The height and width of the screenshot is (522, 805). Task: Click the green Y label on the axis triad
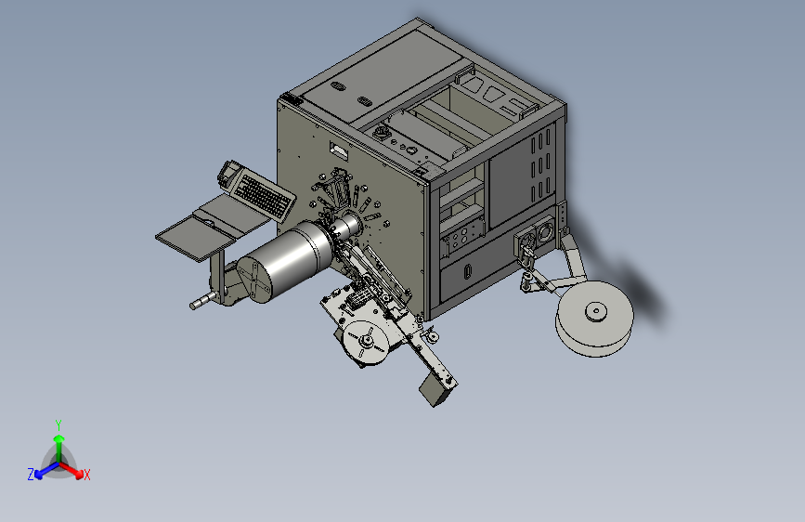click(x=58, y=424)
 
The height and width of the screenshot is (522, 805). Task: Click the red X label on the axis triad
click(x=86, y=475)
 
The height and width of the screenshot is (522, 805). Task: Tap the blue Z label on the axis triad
click(x=31, y=475)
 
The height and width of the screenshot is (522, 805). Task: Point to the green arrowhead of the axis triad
click(x=59, y=438)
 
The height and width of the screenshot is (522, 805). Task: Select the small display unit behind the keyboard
click(x=227, y=172)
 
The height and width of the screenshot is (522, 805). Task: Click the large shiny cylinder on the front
click(x=288, y=259)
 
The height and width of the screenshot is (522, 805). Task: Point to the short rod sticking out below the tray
click(x=201, y=301)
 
